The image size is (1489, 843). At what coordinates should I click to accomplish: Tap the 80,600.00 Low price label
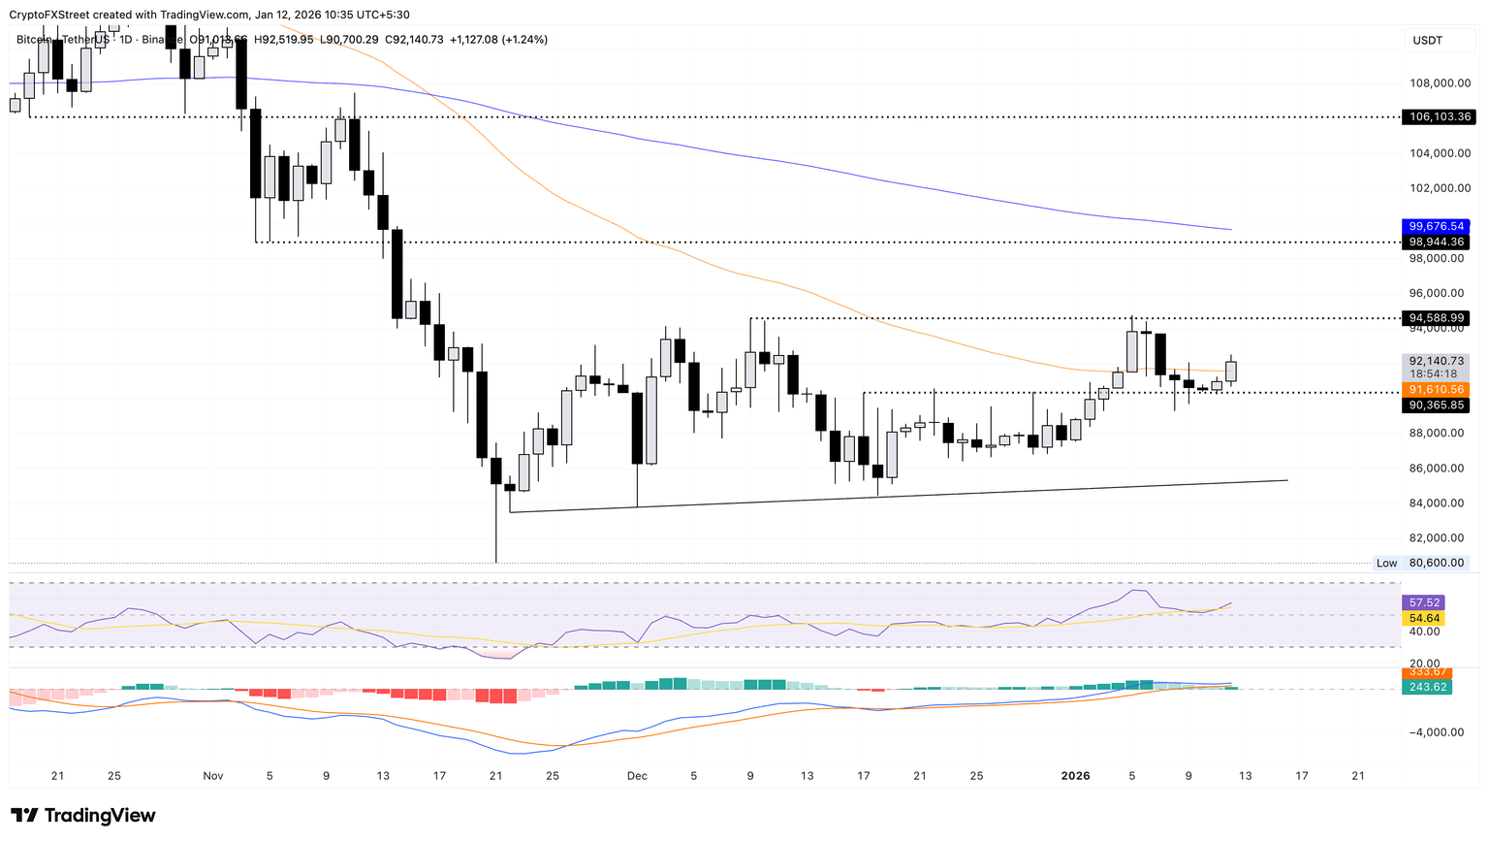(x=1436, y=563)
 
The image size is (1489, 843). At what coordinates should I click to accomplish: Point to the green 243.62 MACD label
(x=1425, y=687)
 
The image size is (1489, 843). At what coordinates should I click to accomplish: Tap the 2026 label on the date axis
(x=1075, y=776)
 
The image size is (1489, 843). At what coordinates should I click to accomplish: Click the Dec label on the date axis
(x=637, y=776)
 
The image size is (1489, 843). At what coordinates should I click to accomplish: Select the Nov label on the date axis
(x=213, y=776)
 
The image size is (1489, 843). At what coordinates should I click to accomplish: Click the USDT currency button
(x=1428, y=41)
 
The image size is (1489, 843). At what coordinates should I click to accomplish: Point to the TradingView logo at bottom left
(x=83, y=816)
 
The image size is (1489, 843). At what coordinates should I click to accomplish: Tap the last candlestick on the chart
(x=1231, y=371)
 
